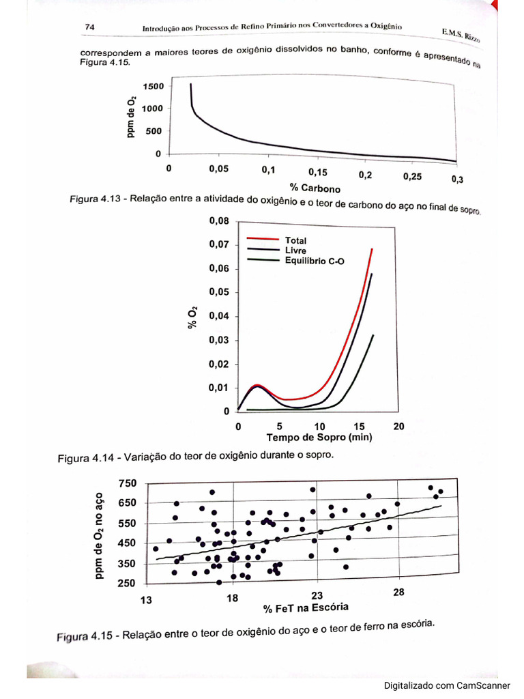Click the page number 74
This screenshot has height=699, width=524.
[89, 27]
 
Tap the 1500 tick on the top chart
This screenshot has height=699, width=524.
[153, 86]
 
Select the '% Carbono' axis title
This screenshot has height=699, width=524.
[315, 187]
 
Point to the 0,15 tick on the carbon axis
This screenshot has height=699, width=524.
[317, 172]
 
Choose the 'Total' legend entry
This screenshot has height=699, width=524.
[295, 240]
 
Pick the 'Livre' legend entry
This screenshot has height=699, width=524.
[295, 251]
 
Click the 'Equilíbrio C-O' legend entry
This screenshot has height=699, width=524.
[315, 260]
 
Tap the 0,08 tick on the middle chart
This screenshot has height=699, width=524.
[219, 221]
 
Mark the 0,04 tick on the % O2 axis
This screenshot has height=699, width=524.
[219, 316]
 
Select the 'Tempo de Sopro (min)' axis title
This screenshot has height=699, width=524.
[319, 438]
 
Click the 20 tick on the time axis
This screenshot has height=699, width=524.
[398, 426]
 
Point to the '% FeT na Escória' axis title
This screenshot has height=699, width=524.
[306, 607]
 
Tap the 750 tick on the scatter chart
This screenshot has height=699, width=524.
[128, 483]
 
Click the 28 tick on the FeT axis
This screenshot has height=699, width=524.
[398, 593]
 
